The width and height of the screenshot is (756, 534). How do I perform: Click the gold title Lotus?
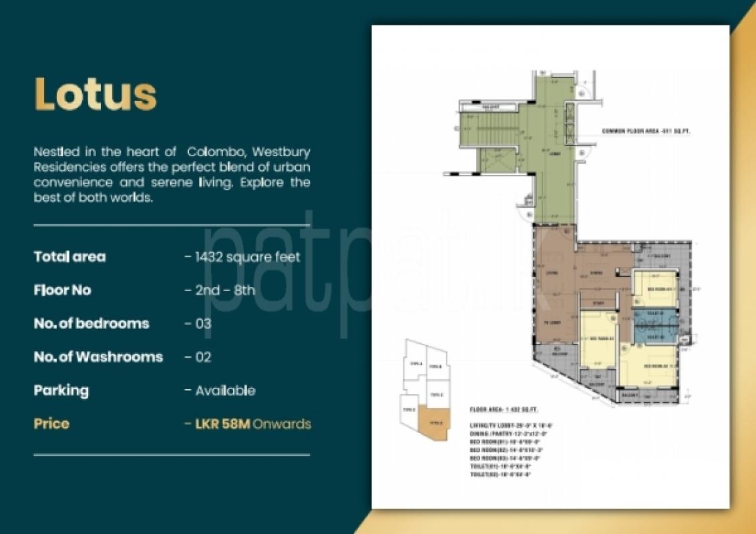[96, 94]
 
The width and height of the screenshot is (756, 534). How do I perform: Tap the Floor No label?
[62, 290]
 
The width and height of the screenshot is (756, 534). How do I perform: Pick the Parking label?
[61, 390]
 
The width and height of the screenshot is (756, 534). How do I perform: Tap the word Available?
[225, 390]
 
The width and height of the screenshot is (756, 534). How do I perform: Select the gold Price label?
[51, 424]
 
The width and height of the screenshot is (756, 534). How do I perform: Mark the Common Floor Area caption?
[646, 131]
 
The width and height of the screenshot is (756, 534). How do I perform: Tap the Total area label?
[69, 257]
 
